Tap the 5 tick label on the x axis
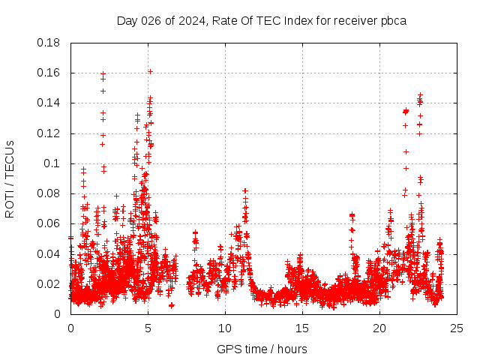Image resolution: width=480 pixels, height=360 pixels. [x=148, y=328]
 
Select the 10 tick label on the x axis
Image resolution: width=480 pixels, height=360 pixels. [x=225, y=328]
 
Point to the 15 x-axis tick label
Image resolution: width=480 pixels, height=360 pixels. [x=302, y=328]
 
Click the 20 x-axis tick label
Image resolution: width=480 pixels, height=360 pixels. [x=379, y=328]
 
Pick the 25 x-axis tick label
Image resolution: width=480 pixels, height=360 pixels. [x=457, y=328]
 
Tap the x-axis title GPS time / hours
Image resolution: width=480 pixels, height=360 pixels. [x=262, y=349]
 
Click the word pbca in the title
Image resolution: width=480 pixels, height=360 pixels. [x=393, y=20]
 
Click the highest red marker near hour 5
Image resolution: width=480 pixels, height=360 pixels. [x=150, y=71]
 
